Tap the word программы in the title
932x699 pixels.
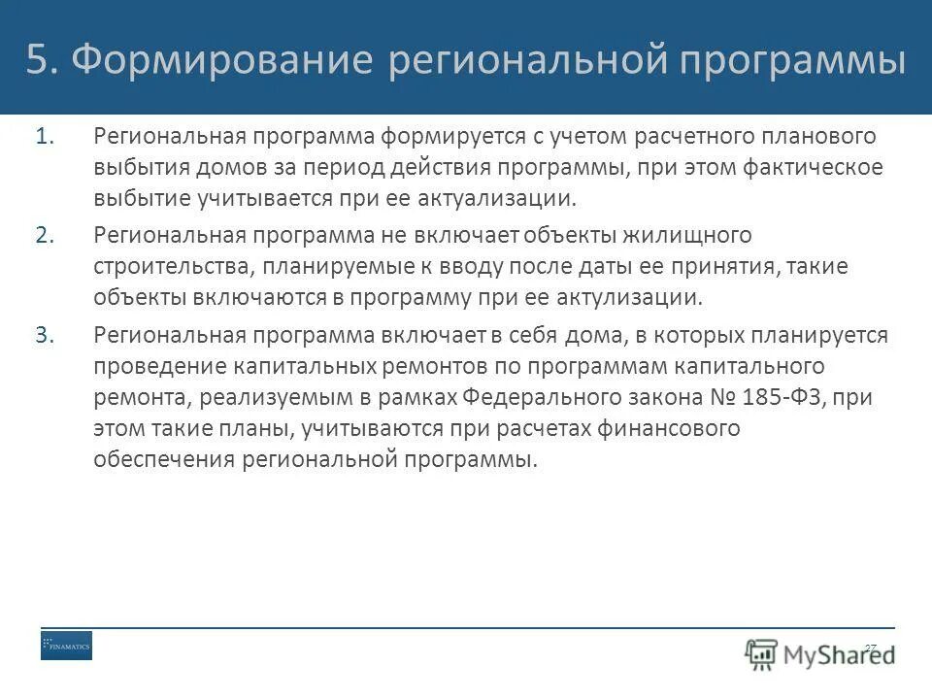792,60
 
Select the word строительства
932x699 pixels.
168,266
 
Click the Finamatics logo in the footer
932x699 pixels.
66,646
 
